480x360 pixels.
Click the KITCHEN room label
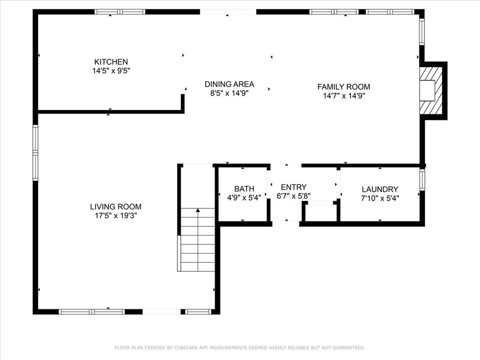click(111, 62)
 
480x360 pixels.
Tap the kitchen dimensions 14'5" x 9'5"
click(112, 71)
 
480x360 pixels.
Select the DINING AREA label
click(229, 84)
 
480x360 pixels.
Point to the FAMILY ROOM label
click(344, 87)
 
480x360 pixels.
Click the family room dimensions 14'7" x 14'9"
click(344, 96)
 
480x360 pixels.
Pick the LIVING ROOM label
click(116, 207)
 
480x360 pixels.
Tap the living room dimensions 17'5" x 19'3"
click(116, 216)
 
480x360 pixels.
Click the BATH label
click(244, 189)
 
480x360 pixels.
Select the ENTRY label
click(293, 187)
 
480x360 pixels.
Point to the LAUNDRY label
click(380, 189)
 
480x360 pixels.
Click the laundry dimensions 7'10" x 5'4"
click(380, 198)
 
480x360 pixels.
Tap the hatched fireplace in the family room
click(431, 90)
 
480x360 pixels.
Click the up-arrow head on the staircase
click(198, 210)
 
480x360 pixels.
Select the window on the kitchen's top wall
click(120, 12)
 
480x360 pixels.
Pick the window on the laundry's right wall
click(422, 180)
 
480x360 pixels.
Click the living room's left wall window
click(36, 152)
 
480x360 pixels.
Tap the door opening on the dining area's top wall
click(228, 12)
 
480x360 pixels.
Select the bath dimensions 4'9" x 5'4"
click(244, 198)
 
